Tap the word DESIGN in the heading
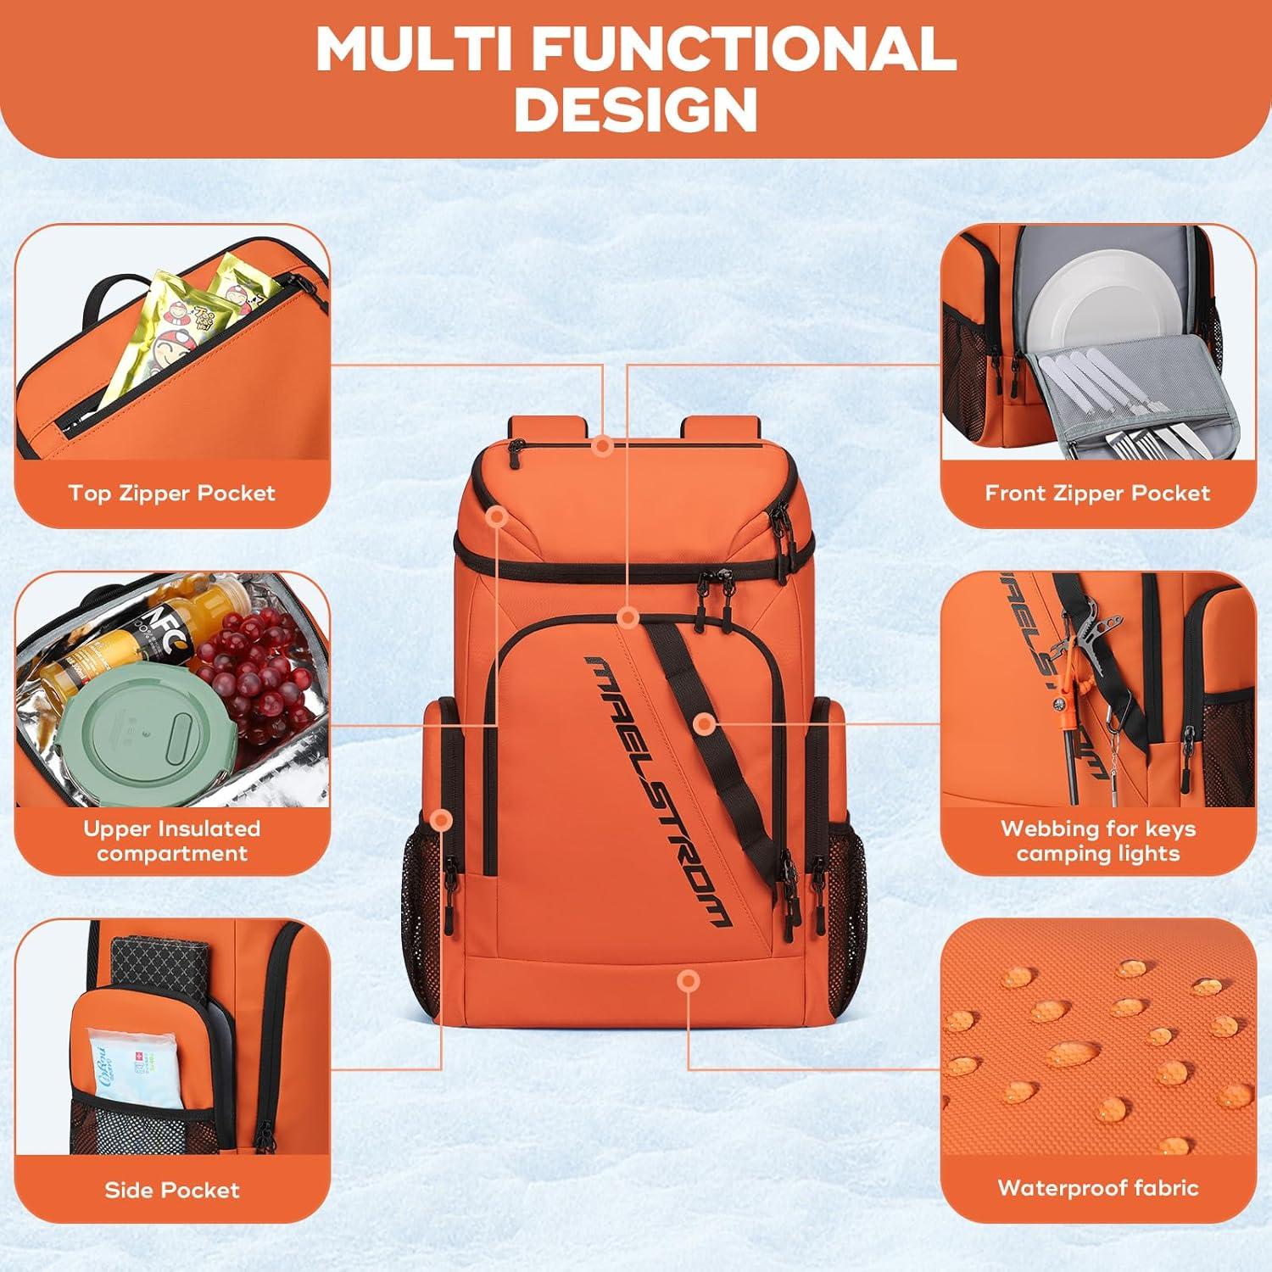(x=636, y=110)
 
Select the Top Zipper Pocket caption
(x=172, y=493)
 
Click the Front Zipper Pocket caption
(x=1097, y=493)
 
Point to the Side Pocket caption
(x=172, y=1190)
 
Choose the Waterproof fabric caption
(x=1097, y=1187)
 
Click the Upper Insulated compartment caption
(x=172, y=840)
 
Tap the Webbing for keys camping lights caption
(x=1097, y=840)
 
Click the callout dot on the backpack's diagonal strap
(x=703, y=724)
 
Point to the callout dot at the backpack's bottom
(x=689, y=981)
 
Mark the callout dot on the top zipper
(x=603, y=445)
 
